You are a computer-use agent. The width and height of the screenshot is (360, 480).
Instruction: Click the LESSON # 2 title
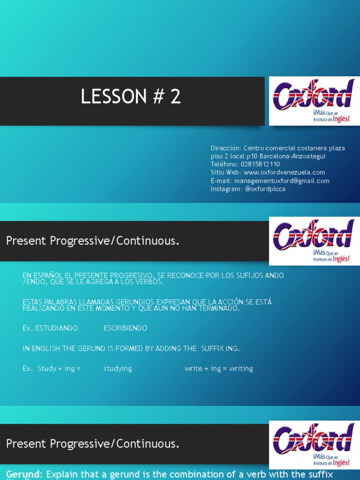coord(131,97)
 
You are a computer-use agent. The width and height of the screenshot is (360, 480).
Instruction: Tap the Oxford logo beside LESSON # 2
coord(314,101)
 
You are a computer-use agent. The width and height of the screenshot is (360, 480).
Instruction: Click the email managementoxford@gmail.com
coord(282,181)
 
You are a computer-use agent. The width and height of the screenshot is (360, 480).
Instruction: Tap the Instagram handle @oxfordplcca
coord(265,189)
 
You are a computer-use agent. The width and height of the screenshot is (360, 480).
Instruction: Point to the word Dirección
coord(225,148)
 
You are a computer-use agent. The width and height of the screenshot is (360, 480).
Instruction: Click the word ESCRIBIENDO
coord(125,328)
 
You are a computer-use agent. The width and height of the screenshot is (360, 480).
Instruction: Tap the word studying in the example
coord(118,368)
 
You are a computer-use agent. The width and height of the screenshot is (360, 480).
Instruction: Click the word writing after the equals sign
coord(241,368)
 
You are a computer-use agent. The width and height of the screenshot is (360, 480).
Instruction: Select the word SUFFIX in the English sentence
coord(214,348)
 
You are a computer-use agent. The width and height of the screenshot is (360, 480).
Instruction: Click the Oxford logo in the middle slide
coord(314,240)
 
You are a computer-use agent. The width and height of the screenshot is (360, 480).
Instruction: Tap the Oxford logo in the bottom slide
coord(314,443)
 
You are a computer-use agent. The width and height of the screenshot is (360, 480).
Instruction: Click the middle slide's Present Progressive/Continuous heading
coord(93,241)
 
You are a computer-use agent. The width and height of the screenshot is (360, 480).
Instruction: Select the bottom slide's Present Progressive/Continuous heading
coord(93,443)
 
